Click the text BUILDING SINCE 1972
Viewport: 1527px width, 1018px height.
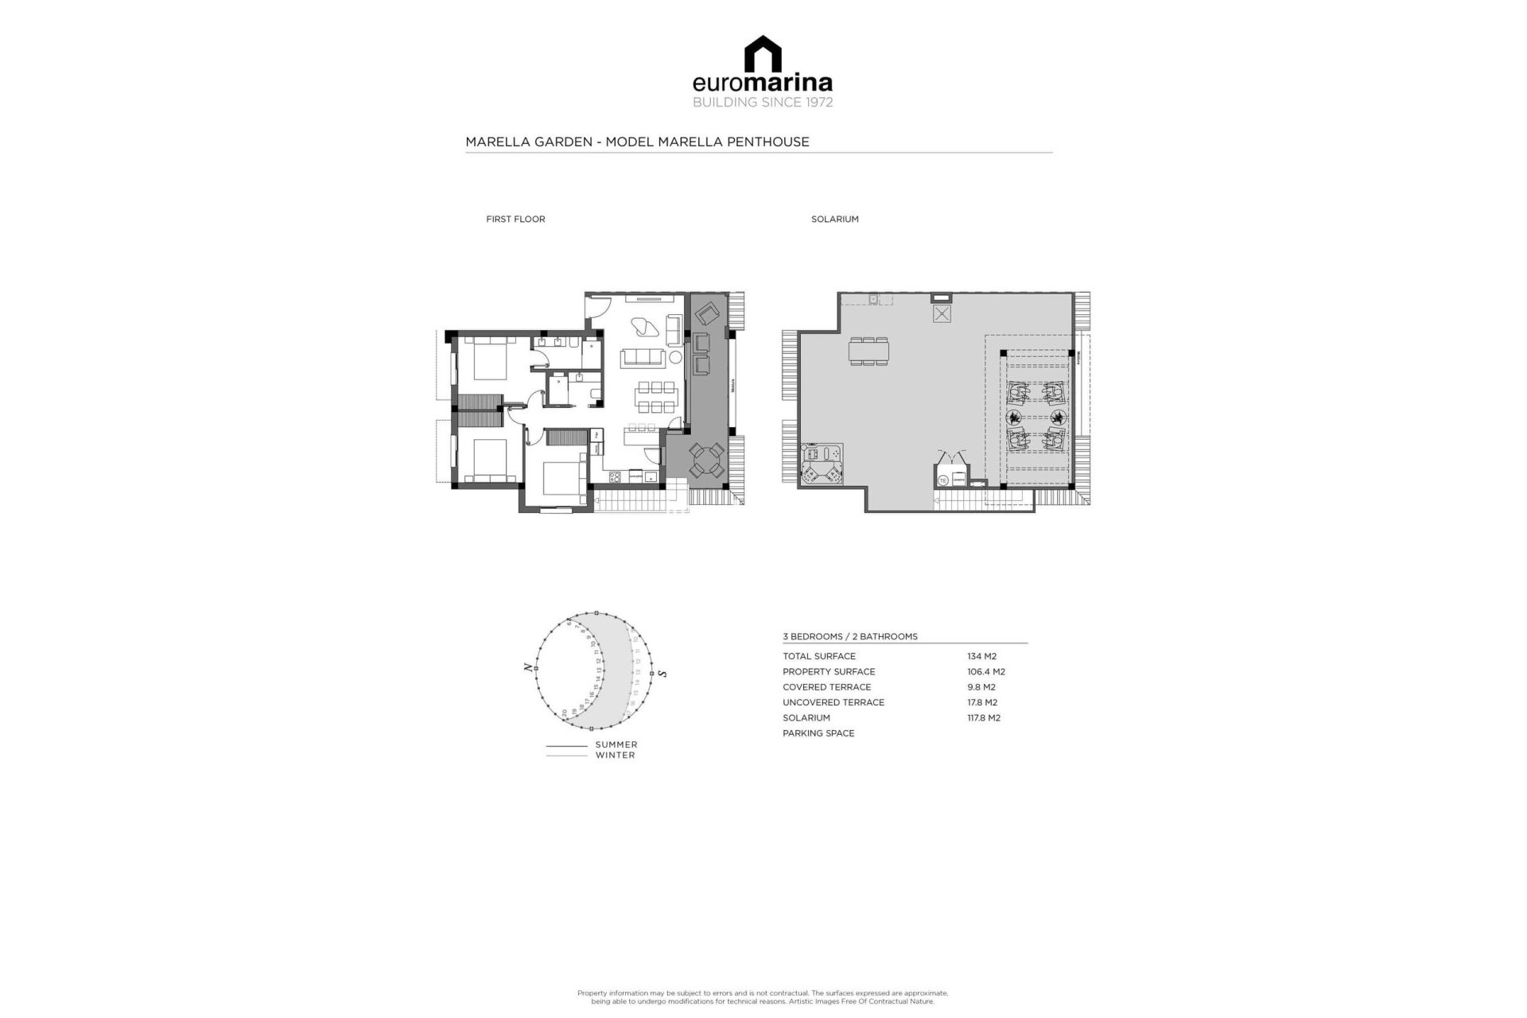coord(763,103)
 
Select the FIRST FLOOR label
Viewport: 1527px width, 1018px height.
coord(515,220)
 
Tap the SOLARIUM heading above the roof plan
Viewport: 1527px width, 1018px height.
coord(834,220)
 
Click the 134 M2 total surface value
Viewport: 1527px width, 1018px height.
coord(981,657)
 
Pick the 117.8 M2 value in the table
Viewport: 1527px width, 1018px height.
coord(983,718)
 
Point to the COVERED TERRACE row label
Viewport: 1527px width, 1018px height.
coord(826,687)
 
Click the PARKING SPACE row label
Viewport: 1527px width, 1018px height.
coord(818,733)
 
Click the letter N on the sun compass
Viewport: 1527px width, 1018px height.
coord(528,668)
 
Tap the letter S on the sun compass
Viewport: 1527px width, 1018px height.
coord(662,674)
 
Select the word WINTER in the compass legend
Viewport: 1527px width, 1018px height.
coord(615,756)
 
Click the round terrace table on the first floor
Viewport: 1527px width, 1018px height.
coord(706,460)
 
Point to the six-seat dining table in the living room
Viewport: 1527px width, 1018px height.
coord(656,398)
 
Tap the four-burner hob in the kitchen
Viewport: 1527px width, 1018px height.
coord(615,477)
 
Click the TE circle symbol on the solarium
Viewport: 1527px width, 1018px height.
coord(943,480)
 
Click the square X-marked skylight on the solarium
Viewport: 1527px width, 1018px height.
coord(942,314)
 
